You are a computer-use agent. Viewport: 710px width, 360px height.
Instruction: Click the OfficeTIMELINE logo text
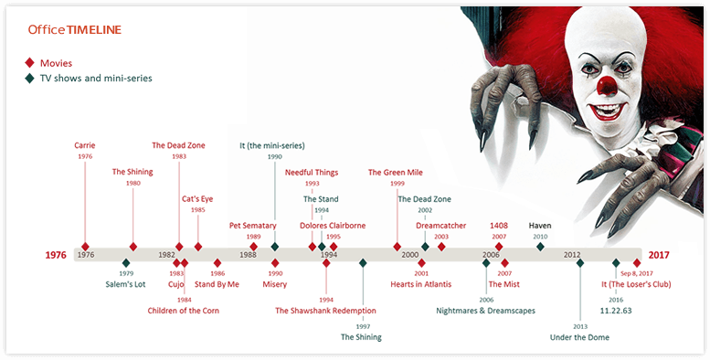pos(74,30)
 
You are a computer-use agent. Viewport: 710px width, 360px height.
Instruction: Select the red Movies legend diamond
pos(29,62)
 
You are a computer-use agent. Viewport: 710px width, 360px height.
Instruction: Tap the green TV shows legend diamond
pos(29,79)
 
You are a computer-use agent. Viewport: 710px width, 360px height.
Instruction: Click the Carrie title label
pos(85,144)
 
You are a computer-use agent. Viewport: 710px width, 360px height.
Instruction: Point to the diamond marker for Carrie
pos(85,247)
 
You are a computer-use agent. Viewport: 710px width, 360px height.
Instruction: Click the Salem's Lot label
pos(125,284)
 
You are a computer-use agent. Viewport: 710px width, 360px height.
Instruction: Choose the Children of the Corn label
pos(184,311)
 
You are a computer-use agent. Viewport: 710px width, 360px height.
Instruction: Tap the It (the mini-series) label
pos(272,145)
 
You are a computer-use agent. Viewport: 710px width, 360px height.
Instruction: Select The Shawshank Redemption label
pos(325,311)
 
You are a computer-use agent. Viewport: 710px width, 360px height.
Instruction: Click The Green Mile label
pos(397,171)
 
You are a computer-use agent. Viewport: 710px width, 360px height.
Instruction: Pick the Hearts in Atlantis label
pos(421,284)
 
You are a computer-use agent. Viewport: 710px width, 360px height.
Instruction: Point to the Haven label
pos(540,225)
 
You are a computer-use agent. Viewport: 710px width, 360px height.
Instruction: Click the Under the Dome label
pos(579,337)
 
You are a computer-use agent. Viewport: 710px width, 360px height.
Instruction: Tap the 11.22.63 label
pos(617,311)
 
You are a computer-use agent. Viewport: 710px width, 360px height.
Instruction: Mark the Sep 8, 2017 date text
pos(638,273)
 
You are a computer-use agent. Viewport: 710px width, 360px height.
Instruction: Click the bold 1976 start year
pos(57,255)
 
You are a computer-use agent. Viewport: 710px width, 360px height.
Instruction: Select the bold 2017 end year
pos(658,255)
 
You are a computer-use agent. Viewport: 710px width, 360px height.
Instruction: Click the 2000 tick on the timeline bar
pos(409,255)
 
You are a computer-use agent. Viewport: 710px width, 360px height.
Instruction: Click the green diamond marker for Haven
pos(540,247)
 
